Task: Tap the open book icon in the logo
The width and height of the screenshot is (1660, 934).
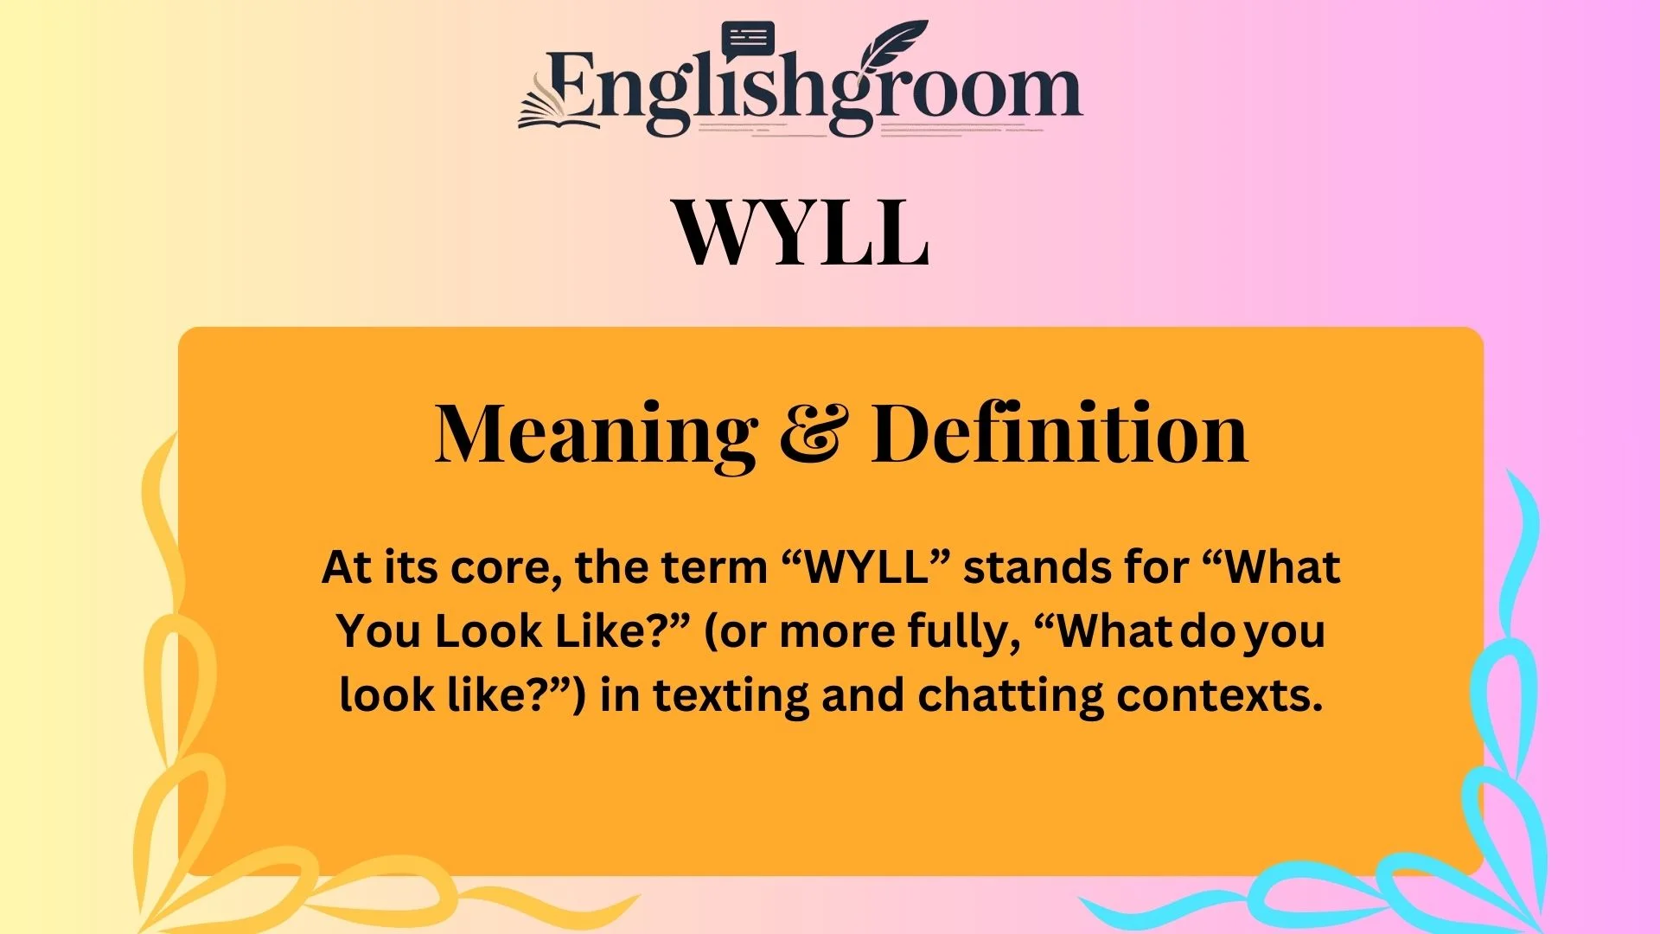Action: point(558,108)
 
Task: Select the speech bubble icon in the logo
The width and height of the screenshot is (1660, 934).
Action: point(748,40)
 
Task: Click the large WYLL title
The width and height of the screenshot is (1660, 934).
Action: point(801,232)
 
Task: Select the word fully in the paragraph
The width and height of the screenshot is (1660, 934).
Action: point(964,631)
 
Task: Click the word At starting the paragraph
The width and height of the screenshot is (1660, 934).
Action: point(347,568)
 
